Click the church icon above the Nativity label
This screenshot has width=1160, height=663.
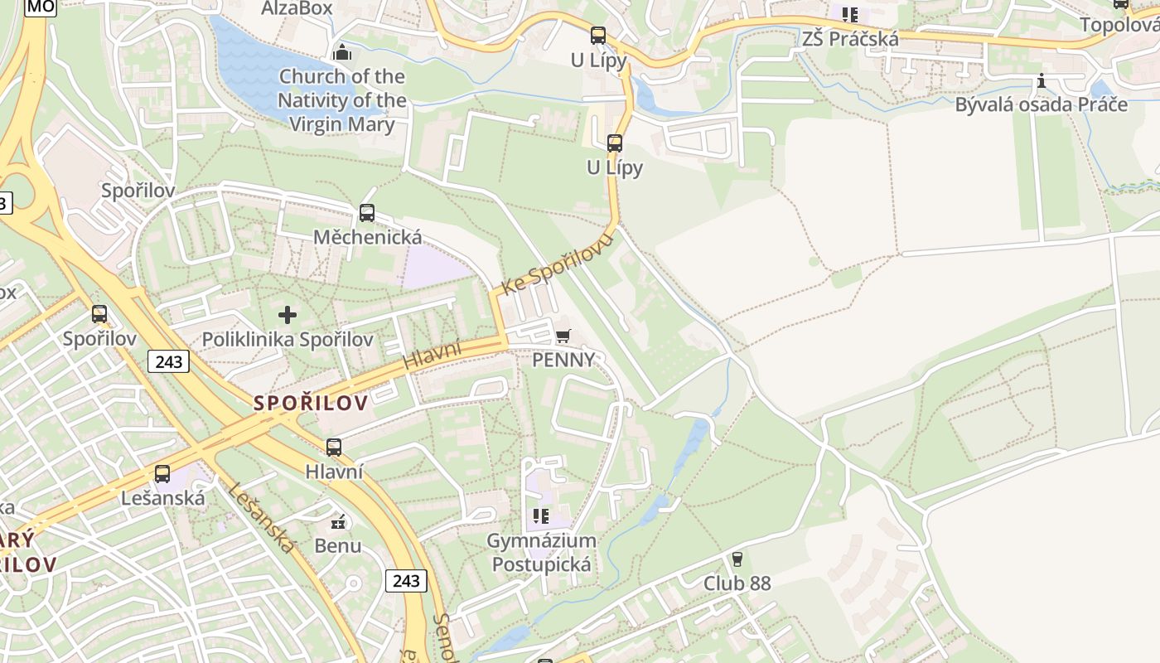click(x=341, y=52)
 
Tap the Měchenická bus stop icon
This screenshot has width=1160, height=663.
click(x=367, y=213)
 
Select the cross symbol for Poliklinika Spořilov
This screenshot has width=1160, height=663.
click(x=288, y=315)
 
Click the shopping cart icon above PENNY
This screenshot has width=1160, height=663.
click(x=563, y=336)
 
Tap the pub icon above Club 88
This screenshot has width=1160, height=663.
click(x=737, y=559)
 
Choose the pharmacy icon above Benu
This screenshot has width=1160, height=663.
click(x=338, y=521)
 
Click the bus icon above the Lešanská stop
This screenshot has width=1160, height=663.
click(x=162, y=474)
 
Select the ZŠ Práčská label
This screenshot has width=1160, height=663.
click(x=849, y=39)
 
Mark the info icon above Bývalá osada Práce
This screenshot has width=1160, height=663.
click(x=1042, y=81)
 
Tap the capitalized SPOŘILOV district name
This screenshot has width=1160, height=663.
click(x=311, y=404)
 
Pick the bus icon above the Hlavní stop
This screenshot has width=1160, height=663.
click(x=334, y=448)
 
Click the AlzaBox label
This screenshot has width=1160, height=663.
click(x=297, y=8)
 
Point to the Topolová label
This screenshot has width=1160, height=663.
click(x=1119, y=25)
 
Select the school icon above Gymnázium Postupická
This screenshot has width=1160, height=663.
click(x=541, y=516)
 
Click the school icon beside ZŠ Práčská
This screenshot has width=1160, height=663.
click(x=849, y=15)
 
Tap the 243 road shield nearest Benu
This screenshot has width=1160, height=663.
click(x=406, y=580)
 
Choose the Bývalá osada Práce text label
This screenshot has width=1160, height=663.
click(x=1041, y=105)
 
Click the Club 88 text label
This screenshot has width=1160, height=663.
click(x=737, y=583)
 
